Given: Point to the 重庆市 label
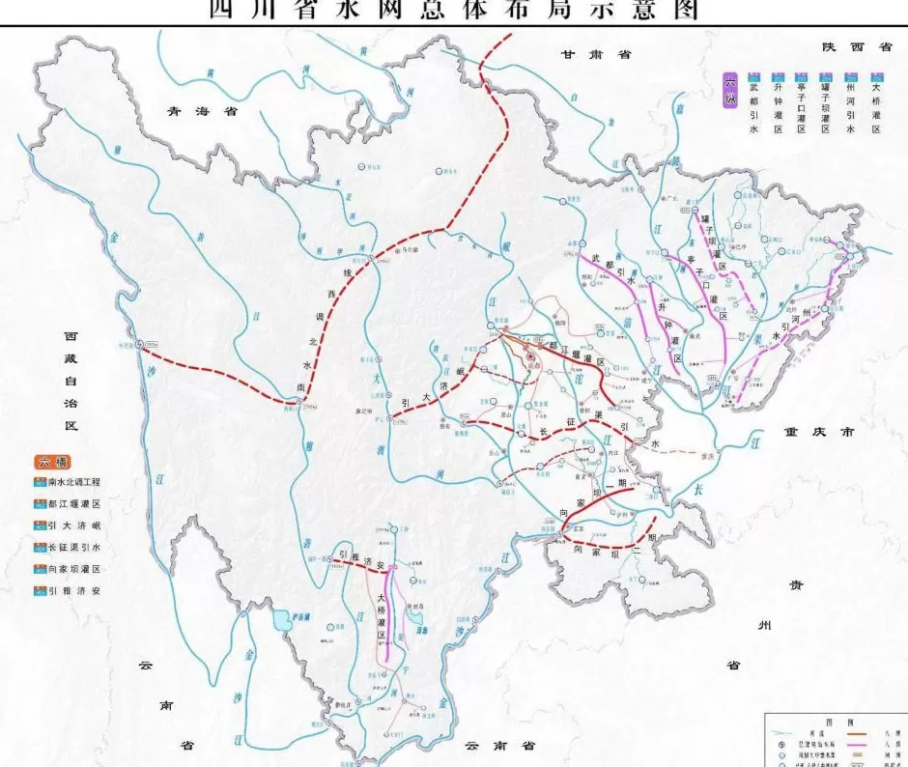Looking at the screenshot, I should (x=819, y=433).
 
